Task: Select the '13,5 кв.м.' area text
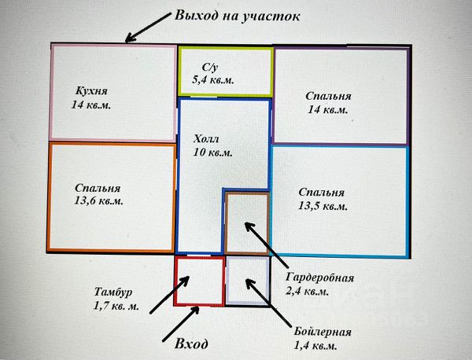[x=323, y=206]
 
